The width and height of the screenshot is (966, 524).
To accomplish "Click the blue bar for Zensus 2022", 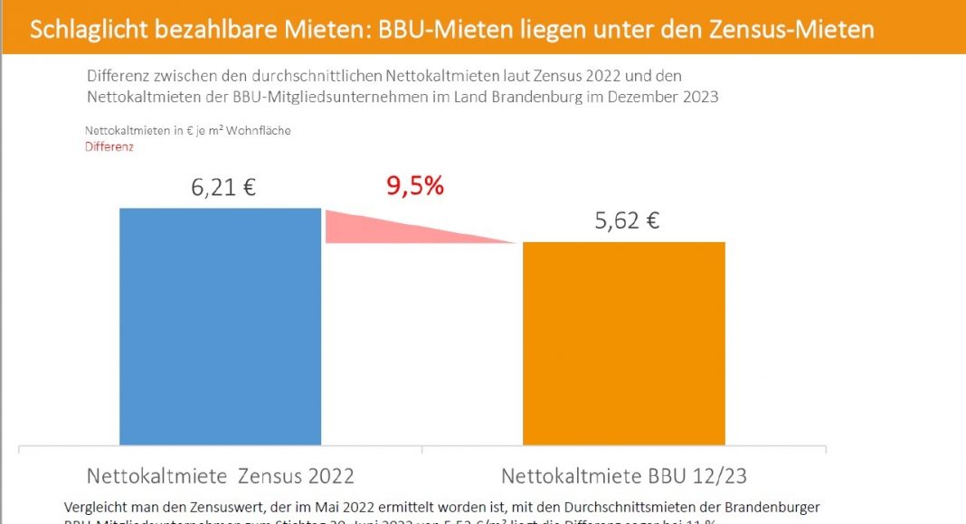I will (221, 325).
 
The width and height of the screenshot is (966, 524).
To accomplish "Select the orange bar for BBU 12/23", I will (624, 343).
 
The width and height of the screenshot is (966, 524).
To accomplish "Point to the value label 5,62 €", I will (627, 221).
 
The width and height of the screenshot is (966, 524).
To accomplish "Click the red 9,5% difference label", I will (415, 187).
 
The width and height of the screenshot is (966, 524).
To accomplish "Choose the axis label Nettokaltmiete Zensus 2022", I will (220, 475).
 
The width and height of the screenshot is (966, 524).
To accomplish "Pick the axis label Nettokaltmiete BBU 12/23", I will (624, 475).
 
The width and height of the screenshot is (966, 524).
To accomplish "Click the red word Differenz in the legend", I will (109, 146).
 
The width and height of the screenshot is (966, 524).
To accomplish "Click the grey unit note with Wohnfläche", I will (187, 131).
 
